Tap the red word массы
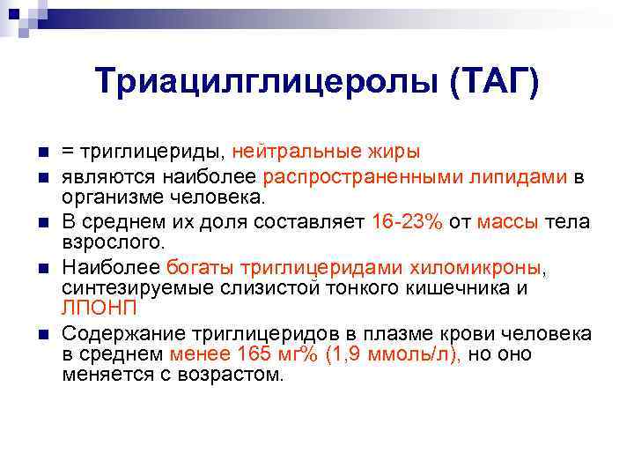pos(508,222)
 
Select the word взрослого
pos(112,242)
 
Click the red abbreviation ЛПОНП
pos(97,308)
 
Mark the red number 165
pos(257,354)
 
